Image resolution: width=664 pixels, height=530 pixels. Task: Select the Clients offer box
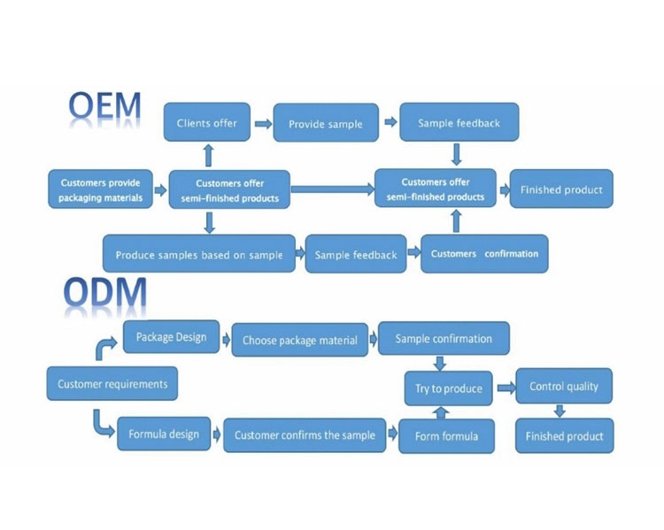pyautogui.click(x=207, y=123)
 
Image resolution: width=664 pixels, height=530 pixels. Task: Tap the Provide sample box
pyautogui.click(x=325, y=124)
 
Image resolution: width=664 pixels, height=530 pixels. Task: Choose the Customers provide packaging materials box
pyautogui.click(x=101, y=190)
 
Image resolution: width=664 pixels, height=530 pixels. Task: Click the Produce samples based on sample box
pyautogui.click(x=199, y=255)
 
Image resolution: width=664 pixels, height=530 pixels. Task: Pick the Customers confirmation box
pyautogui.click(x=484, y=254)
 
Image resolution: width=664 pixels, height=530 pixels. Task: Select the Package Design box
pyautogui.click(x=171, y=337)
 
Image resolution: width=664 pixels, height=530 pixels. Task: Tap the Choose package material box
pyautogui.click(x=299, y=340)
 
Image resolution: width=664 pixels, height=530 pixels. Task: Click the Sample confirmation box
pyautogui.click(x=444, y=338)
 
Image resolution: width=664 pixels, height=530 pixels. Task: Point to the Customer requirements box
pyautogui.click(x=112, y=384)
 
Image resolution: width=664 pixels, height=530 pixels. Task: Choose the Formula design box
pyautogui.click(x=164, y=434)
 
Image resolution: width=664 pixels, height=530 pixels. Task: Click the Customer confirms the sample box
pyautogui.click(x=304, y=435)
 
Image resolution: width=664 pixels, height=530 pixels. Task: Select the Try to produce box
pyautogui.click(x=449, y=388)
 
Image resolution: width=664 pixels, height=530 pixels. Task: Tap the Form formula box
pyautogui.click(x=447, y=435)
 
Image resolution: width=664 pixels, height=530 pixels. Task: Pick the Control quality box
pyautogui.click(x=564, y=386)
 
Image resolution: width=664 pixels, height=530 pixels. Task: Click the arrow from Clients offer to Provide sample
pyautogui.click(x=261, y=124)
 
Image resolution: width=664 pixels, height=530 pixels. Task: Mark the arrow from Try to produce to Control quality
pyautogui.click(x=506, y=387)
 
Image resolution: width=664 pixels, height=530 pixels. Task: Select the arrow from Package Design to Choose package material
pyautogui.click(x=225, y=339)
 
